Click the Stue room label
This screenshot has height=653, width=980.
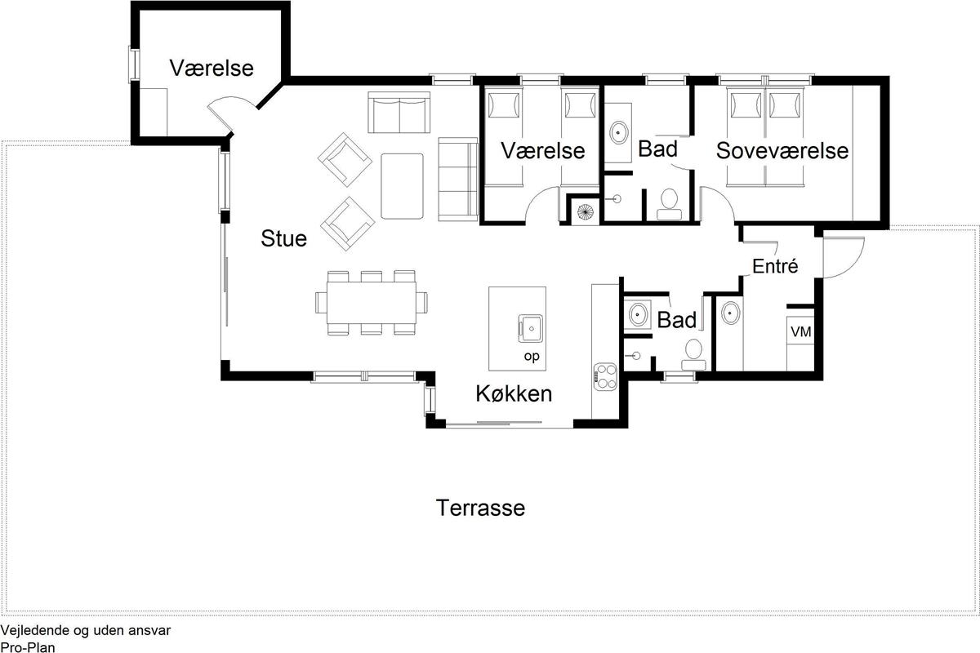click(x=283, y=239)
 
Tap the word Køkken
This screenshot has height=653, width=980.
click(x=514, y=393)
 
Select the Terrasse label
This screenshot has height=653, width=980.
click(x=480, y=508)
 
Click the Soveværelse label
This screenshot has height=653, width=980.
click(x=782, y=151)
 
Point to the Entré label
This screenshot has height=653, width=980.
click(x=775, y=265)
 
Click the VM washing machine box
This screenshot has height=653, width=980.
click(x=800, y=331)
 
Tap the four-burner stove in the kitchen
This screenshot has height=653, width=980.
click(x=605, y=377)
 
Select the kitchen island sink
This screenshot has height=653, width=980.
click(x=530, y=328)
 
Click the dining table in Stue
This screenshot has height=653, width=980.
click(x=372, y=303)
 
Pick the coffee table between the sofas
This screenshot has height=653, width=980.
click(x=402, y=186)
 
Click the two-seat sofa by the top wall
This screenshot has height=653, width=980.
click(x=399, y=113)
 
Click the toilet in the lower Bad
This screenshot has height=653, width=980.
click(x=693, y=355)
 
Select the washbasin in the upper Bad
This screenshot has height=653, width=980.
click(x=619, y=132)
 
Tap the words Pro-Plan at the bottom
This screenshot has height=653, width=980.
click(x=28, y=646)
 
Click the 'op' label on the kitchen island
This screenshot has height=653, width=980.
click(x=532, y=357)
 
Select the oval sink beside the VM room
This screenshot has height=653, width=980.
click(x=731, y=313)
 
